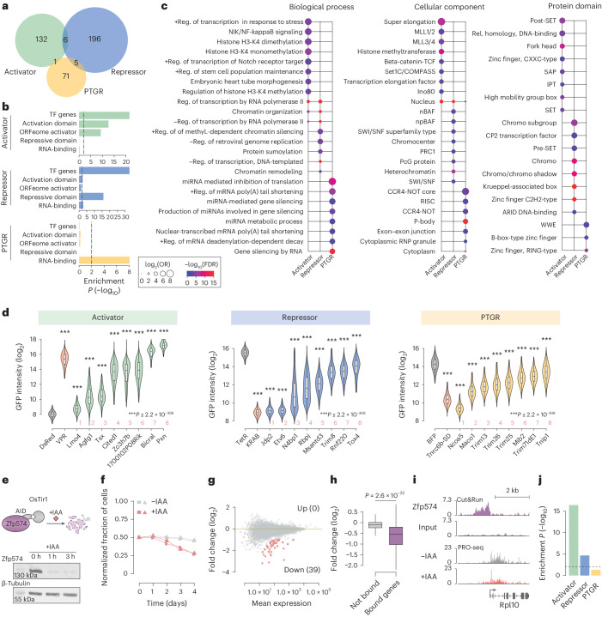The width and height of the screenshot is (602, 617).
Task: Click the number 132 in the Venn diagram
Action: point(37,39)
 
